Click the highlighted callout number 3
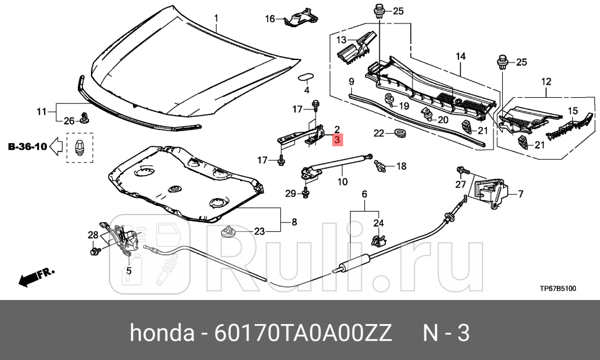(337, 141)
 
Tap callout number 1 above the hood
(216, 18)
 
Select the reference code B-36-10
(27, 147)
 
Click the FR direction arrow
(36, 276)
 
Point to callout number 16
(270, 19)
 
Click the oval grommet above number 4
(306, 77)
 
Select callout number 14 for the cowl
(460, 56)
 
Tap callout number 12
(546, 82)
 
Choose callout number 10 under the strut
(343, 182)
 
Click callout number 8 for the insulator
(294, 221)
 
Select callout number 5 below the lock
(129, 270)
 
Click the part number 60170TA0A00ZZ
(302, 333)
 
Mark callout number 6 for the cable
(364, 194)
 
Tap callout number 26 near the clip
(69, 120)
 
